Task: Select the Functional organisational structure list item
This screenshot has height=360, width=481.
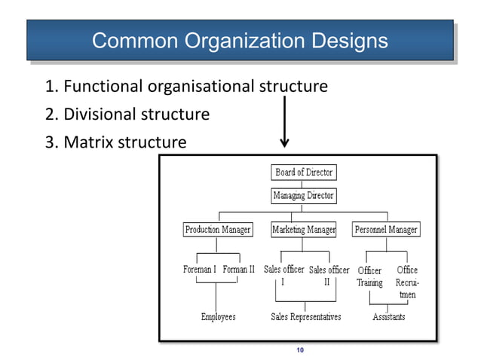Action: (186, 87)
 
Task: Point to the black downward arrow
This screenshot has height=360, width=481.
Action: (284, 121)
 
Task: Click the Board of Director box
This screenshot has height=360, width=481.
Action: (303, 172)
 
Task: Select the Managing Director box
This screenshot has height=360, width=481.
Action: (303, 196)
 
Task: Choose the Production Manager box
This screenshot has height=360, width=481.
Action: (218, 228)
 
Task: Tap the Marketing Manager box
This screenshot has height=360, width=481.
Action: (303, 228)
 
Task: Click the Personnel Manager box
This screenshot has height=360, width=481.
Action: (386, 228)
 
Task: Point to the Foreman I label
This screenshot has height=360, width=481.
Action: (200, 269)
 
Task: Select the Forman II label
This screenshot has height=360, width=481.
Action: (238, 269)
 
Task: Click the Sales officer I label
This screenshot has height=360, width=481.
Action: (283, 276)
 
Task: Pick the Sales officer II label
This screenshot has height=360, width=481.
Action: (329, 276)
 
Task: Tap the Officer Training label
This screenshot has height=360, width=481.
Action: (369, 276)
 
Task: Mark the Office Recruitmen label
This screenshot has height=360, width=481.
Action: (407, 282)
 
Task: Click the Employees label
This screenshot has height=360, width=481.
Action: (218, 317)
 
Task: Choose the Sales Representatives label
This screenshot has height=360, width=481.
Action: (305, 317)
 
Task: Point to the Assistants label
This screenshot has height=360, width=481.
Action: (388, 317)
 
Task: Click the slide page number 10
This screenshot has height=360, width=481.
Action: (300, 350)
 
